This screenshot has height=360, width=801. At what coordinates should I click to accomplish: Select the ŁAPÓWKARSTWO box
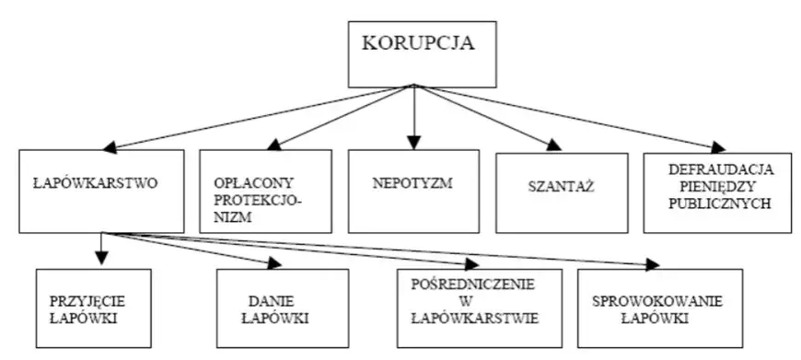coord(100,191)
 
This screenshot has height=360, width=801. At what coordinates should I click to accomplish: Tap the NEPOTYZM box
coord(412,191)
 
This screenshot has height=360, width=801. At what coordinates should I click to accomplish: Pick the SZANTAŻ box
coord(562,191)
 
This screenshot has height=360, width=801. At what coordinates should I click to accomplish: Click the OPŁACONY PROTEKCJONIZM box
coord(264,191)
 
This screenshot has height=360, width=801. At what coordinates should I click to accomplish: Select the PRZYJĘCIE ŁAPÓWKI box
coord(94,308)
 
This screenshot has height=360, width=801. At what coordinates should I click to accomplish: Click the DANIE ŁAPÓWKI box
coord(283,308)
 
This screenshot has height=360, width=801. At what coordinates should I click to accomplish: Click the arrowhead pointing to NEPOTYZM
coord(413,142)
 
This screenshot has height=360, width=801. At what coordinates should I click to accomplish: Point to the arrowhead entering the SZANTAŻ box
coord(552,145)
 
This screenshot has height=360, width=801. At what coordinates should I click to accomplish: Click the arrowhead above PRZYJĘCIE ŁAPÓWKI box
coord(100,261)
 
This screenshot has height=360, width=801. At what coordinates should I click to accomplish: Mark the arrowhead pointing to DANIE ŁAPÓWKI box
coord(273,263)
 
